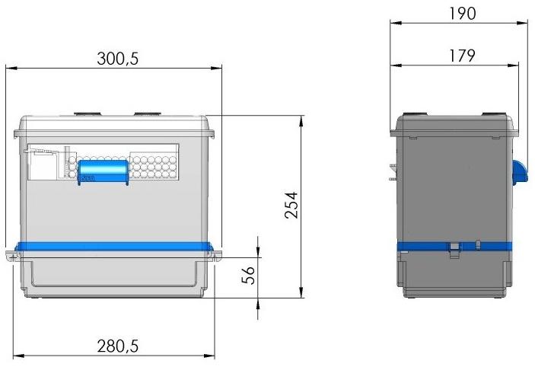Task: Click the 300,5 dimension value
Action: pyautogui.click(x=118, y=59)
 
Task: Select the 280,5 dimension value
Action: pyautogui.click(x=118, y=346)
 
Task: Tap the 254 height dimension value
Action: pyautogui.click(x=291, y=205)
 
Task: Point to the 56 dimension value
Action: pyautogui.click(x=248, y=275)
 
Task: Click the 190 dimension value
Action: pyautogui.click(x=462, y=14)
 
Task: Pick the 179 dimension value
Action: pyautogui.click(x=462, y=56)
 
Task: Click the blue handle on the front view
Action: pyautogui.click(x=103, y=172)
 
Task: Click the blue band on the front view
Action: pyautogui.click(x=114, y=247)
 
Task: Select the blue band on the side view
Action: pyautogui.click(x=454, y=246)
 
